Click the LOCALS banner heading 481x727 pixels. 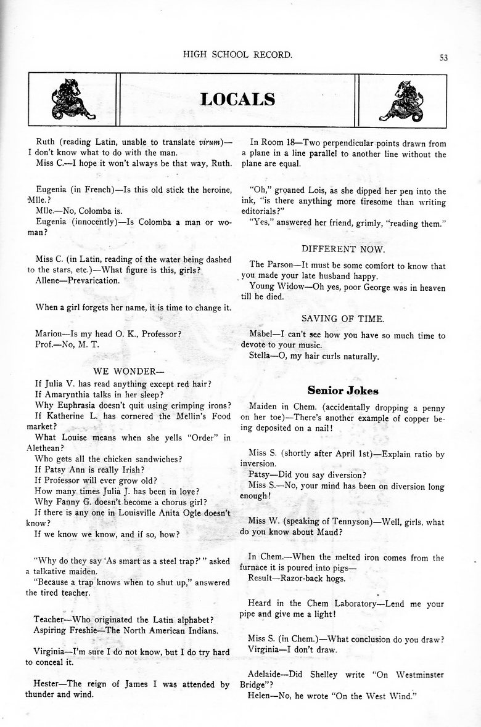237,99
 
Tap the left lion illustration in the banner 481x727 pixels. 73,100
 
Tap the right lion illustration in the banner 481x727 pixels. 403,100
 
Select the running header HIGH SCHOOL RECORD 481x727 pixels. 237,55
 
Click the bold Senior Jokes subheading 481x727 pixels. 343,391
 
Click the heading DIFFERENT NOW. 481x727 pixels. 343,249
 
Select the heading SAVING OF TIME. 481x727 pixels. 343,319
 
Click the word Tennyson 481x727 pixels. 339,522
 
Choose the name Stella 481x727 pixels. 261,357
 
